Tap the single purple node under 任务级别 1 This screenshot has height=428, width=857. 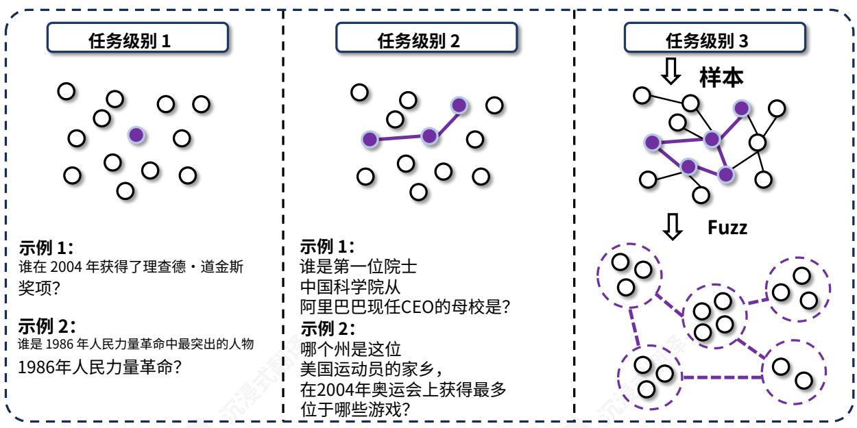pos(137,135)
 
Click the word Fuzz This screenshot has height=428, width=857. pos(727,227)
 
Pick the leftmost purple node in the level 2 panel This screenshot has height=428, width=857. pos(370,140)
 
